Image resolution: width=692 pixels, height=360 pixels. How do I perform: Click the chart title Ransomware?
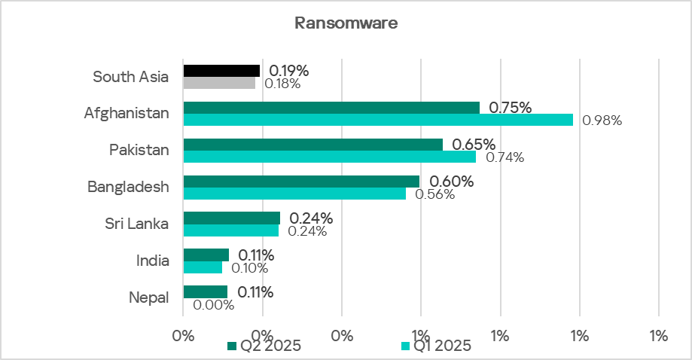346,23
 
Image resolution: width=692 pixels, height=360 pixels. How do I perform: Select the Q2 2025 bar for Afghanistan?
331,108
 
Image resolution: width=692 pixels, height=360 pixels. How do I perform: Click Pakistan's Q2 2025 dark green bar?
312,145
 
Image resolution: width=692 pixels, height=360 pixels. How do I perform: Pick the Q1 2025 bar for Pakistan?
330,157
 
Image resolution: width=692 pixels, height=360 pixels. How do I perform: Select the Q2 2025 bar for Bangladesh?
301,182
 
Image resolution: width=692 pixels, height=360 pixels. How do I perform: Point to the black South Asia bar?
221,71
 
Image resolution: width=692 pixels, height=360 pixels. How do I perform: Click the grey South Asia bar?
219,83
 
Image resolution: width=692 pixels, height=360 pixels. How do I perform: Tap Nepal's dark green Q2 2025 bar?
205,292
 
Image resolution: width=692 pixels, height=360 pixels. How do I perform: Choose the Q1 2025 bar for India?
203,267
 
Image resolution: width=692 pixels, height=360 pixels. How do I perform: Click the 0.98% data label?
602,121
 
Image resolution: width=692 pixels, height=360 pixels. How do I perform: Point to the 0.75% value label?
510,108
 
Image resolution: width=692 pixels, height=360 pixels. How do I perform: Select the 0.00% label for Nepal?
213,305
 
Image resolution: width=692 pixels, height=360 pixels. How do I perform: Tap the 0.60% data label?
451,182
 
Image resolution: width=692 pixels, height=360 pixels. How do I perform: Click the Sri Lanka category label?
136,224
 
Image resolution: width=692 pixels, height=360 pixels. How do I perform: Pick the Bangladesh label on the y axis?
128,187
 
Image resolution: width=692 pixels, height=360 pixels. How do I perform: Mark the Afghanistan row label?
127,113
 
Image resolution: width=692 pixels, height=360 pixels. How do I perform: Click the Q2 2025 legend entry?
265,346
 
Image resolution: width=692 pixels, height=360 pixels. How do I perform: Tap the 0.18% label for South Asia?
282,84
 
